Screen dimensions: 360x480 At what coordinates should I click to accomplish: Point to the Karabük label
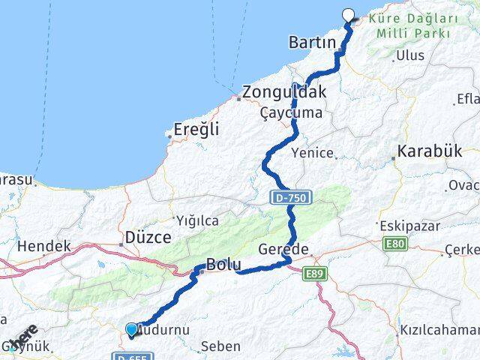[x=430, y=151]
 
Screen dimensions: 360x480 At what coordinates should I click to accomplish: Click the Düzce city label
[x=148, y=236]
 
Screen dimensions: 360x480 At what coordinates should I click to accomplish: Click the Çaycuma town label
[x=291, y=113]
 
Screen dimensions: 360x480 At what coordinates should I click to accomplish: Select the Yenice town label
[x=313, y=152]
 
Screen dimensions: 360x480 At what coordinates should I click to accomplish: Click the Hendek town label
[x=43, y=245]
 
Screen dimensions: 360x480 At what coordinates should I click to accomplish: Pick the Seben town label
[x=221, y=346]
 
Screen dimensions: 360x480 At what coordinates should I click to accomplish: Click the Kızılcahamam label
[x=439, y=330]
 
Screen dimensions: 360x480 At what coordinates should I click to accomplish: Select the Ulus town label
[x=410, y=55]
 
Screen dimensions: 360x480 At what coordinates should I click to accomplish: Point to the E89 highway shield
[x=315, y=275]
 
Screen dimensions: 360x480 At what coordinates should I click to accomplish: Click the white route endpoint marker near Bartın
[x=349, y=13]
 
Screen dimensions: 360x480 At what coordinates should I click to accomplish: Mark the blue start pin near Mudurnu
[x=132, y=329]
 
